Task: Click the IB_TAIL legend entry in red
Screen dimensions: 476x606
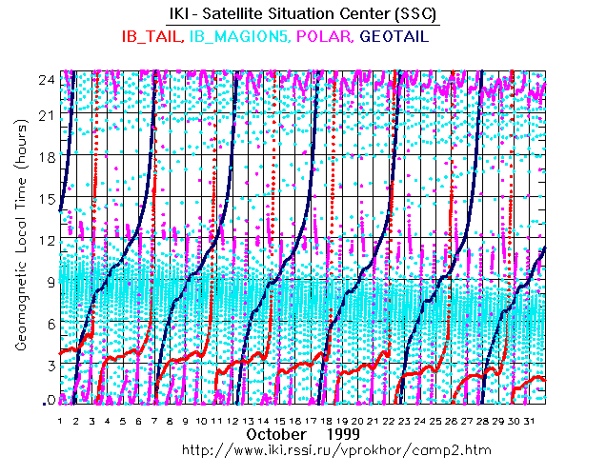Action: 151,36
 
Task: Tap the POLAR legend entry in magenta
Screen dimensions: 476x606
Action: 328,36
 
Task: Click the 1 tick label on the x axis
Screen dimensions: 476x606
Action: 60,420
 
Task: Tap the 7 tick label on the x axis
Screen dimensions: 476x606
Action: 153,420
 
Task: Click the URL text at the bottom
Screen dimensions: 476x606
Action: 302,447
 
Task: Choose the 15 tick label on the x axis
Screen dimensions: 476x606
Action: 278,420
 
